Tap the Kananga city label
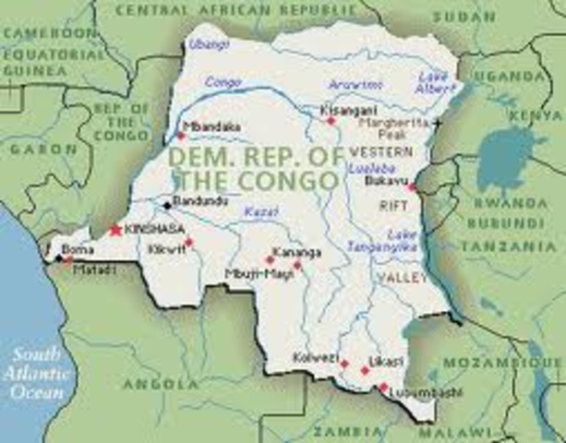point(297,249)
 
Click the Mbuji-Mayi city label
point(253,274)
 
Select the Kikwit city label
point(167,248)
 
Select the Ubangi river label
point(204,43)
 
